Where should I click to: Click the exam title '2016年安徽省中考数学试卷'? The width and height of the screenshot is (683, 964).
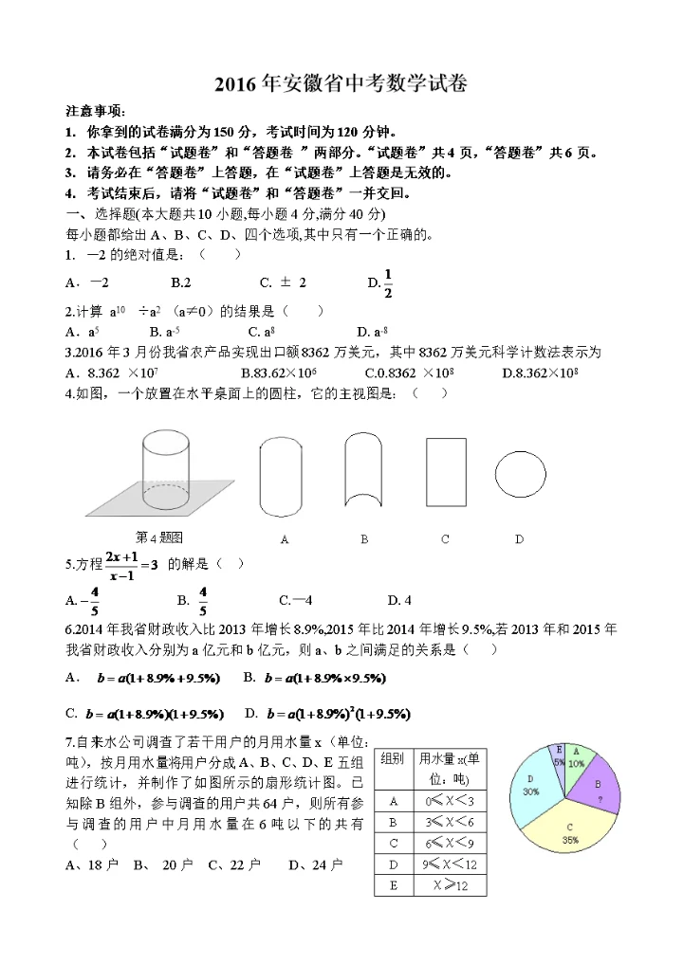[x=341, y=84]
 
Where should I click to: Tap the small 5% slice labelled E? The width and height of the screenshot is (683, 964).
[x=559, y=758]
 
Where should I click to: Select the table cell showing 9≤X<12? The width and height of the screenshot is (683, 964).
[x=451, y=864]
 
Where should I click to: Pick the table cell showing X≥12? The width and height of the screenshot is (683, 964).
[x=451, y=885]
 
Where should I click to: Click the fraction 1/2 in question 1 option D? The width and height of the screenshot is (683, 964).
[x=387, y=282]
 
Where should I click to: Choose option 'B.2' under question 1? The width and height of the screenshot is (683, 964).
[x=181, y=282]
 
